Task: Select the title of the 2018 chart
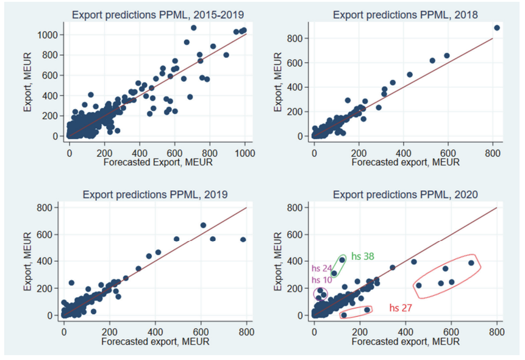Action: (405, 15)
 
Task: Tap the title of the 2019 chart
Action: (155, 195)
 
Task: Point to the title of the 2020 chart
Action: (405, 195)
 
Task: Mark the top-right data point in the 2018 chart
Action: (496, 28)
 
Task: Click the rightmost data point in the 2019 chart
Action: (243, 240)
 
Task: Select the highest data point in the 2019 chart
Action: (203, 225)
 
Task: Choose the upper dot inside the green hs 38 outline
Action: (342, 260)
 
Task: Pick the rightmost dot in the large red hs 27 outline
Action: (471, 263)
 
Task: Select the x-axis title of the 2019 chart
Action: (155, 342)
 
